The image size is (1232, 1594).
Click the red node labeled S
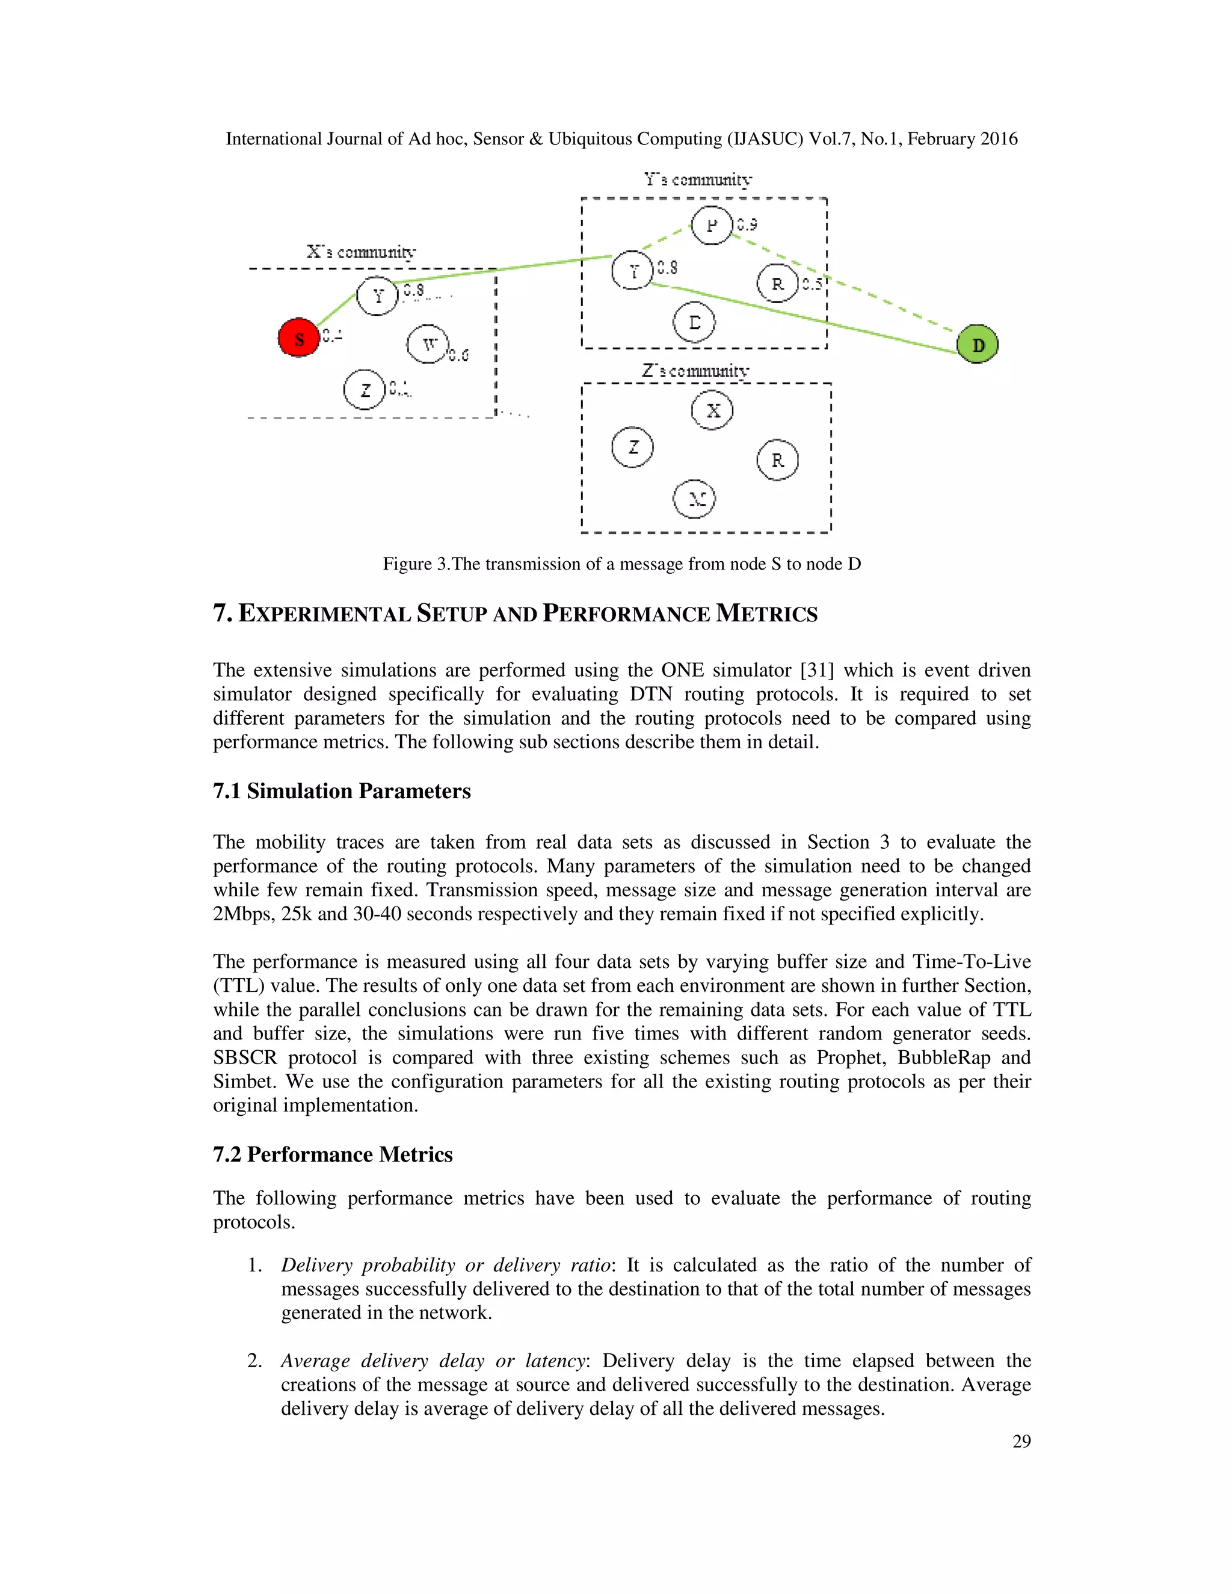(298, 338)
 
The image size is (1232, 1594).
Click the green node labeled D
(978, 345)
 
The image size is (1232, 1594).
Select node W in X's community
(428, 345)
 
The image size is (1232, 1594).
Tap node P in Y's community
(712, 225)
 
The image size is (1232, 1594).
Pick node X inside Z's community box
(712, 410)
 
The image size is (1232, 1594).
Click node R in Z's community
(777, 460)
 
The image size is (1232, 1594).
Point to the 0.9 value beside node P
(747, 224)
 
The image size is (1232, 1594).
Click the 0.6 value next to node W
(458, 355)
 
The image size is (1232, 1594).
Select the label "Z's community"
(695, 371)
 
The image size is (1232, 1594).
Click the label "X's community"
(362, 252)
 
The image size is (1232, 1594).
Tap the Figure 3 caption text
(622, 564)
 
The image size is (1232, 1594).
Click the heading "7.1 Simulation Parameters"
(342, 791)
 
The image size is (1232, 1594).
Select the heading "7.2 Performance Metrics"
(333, 1155)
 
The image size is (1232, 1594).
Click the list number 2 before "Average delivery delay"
(254, 1361)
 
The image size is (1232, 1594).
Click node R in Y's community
(777, 284)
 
